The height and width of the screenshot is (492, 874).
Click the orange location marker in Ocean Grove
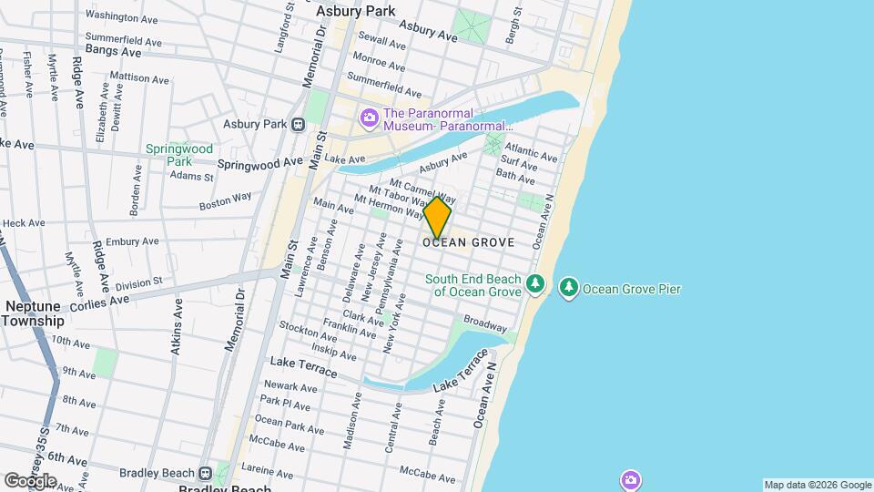click(x=437, y=219)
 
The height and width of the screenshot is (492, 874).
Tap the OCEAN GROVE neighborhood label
click(x=469, y=243)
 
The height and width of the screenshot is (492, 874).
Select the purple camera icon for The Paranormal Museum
click(x=369, y=118)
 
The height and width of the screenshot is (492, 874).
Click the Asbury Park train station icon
click(x=298, y=125)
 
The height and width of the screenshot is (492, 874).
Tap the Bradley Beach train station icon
click(x=206, y=473)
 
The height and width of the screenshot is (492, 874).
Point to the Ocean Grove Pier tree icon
click(x=569, y=289)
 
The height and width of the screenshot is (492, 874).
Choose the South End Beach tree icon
click(x=536, y=286)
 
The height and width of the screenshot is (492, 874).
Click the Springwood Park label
click(x=179, y=155)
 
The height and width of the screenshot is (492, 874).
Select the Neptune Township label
click(x=33, y=313)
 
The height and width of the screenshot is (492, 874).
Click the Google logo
click(x=29, y=480)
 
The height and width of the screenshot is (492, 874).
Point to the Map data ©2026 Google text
click(x=817, y=485)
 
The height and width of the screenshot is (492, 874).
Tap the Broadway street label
click(x=484, y=323)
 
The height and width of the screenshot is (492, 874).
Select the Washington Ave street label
click(x=122, y=15)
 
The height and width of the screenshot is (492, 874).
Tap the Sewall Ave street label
click(x=381, y=41)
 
